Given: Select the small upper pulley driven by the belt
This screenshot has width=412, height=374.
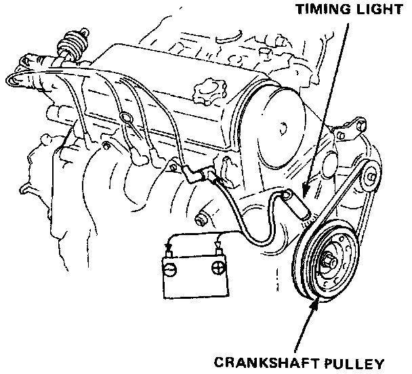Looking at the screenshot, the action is tap(370, 180).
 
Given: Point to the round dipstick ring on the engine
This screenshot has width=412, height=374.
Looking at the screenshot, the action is tap(125, 119).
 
